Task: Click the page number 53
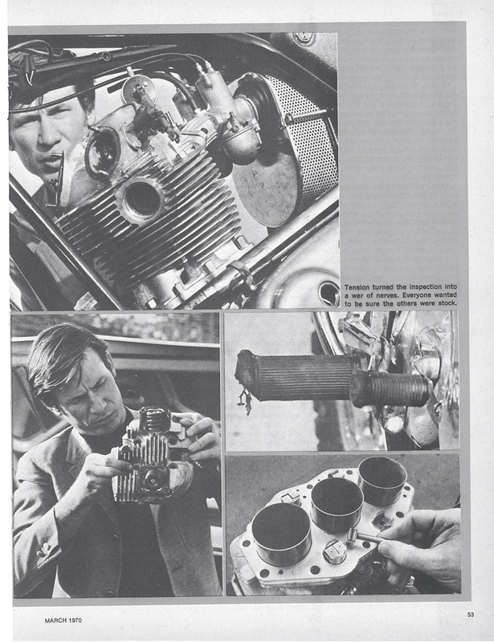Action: pos(470,615)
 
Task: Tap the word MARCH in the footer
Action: pos(55,620)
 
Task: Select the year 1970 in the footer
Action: pos(75,620)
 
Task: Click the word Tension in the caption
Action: pos(357,286)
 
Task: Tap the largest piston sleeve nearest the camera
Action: pos(281,532)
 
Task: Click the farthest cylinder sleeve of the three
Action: pos(382,480)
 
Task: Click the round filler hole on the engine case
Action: pos(329,293)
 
